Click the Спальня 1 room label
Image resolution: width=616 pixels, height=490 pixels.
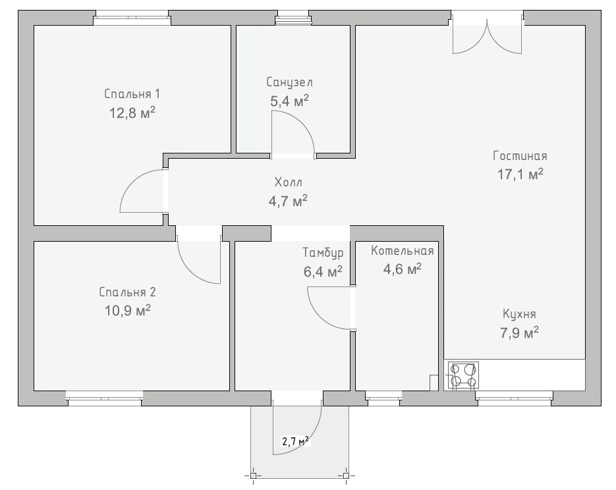(132, 94)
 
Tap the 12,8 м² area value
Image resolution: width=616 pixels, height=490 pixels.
(132, 113)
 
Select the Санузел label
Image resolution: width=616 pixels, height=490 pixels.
(289, 82)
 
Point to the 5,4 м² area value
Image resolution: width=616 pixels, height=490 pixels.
(289, 101)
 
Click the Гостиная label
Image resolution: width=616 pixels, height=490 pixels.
(520, 156)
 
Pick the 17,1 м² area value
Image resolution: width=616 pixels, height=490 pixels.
(520, 174)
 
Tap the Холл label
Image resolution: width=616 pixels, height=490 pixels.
(289, 182)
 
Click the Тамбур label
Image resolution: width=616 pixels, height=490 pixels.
(323, 252)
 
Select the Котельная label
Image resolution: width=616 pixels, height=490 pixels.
(403, 251)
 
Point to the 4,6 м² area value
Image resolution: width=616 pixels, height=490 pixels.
(403, 269)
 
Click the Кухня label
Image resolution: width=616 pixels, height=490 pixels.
(519, 315)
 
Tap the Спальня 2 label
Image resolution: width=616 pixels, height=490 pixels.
(127, 292)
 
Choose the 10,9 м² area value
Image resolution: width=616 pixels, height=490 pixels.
(127, 311)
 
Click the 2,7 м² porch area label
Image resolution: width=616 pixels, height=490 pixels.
(295, 441)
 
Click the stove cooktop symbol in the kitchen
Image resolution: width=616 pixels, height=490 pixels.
(464, 376)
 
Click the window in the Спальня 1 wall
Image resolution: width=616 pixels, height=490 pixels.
(132, 18)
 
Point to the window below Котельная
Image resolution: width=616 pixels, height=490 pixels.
(384, 398)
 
